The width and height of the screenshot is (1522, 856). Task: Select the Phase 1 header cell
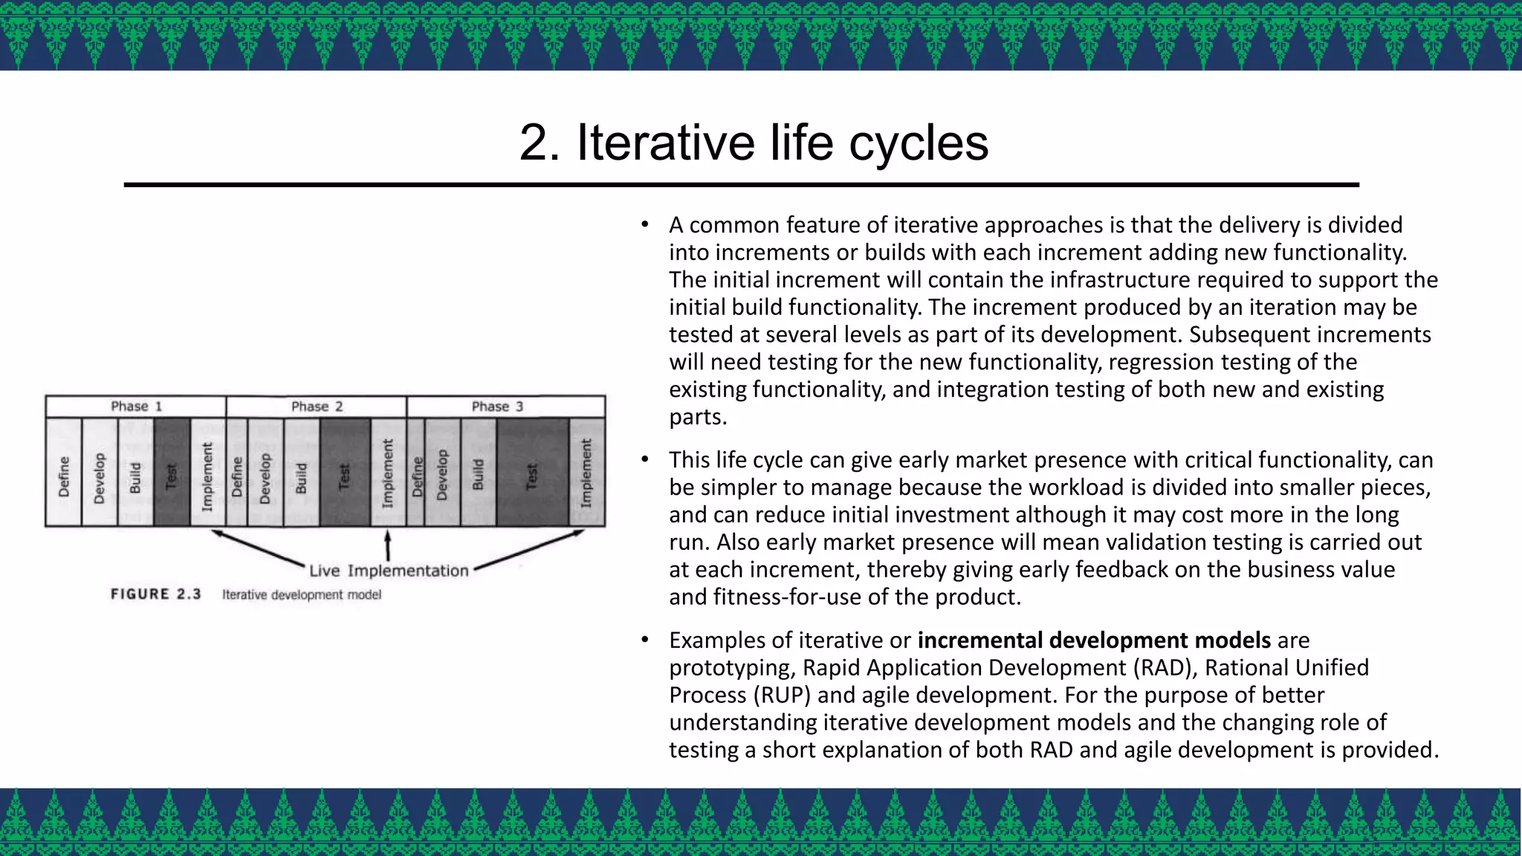[136, 406]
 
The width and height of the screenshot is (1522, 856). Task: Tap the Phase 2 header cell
[317, 406]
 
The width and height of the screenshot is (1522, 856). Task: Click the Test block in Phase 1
[172, 473]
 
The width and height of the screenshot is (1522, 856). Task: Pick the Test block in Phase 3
[532, 473]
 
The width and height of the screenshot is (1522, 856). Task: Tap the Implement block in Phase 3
[587, 473]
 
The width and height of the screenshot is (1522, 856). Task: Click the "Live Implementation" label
[389, 571]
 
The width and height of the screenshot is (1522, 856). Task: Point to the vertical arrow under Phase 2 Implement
[387, 545]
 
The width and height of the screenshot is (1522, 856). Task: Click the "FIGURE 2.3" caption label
[156, 594]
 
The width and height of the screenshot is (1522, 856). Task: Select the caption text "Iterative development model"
[302, 594]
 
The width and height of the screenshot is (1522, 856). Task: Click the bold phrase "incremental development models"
[1094, 640]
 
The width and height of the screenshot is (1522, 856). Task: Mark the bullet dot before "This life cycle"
[645, 460]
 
